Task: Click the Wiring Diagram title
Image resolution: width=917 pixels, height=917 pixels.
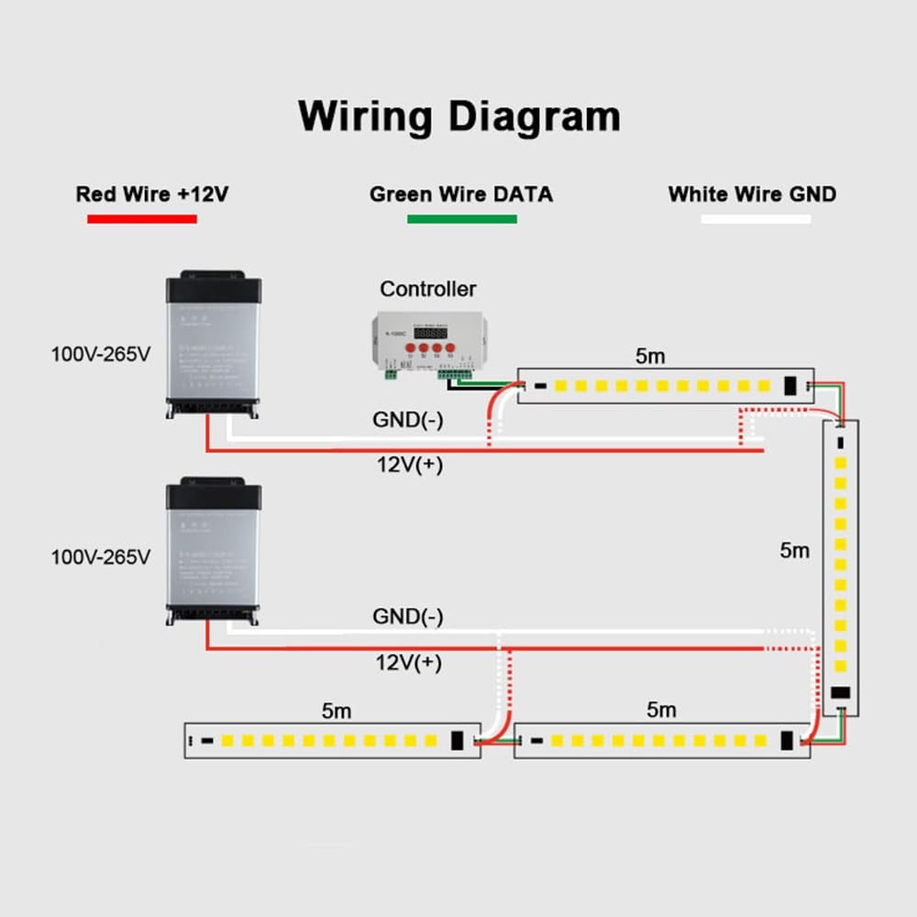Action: [x=459, y=116]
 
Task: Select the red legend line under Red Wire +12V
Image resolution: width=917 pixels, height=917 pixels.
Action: [x=142, y=219]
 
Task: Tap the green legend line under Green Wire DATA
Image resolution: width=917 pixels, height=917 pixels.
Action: [x=462, y=219]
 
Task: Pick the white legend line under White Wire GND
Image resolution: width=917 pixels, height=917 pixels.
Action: [x=756, y=219]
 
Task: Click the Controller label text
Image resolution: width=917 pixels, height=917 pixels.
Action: [x=428, y=289]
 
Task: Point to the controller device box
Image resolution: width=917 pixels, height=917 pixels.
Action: [x=426, y=341]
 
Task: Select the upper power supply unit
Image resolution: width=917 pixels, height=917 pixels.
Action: [x=214, y=344]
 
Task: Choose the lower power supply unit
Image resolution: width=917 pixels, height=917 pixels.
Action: [x=214, y=551]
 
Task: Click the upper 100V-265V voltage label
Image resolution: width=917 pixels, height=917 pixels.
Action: [x=100, y=353]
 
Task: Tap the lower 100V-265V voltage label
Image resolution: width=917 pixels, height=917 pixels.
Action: [x=100, y=557]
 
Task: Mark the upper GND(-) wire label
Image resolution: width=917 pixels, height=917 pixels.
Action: [x=407, y=420]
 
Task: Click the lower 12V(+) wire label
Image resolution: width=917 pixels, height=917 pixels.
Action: [x=409, y=662]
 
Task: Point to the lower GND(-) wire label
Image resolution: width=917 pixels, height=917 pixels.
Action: [x=407, y=616]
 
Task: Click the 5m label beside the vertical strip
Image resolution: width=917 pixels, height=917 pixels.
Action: [x=795, y=550]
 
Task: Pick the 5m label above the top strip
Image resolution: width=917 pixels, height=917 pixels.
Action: [x=650, y=357]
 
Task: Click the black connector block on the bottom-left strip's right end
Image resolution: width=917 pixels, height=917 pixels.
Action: [x=457, y=739]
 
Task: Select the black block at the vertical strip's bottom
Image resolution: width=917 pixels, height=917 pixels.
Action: [x=841, y=694]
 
